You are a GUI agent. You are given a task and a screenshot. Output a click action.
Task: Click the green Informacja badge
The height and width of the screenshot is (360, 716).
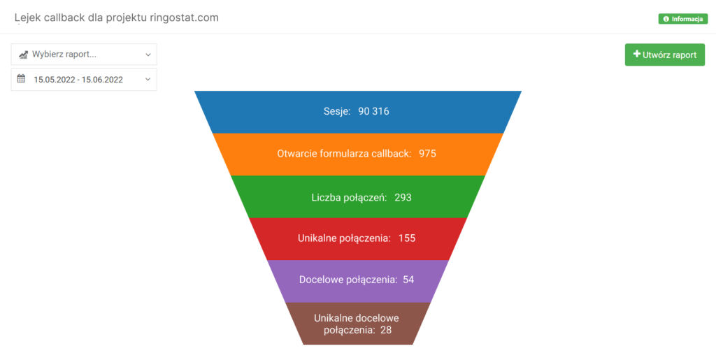[682, 19]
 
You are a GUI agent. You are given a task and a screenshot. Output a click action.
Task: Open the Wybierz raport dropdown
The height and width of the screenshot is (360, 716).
[84, 55]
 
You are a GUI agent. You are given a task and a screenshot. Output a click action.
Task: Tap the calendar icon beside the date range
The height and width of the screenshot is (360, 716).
[21, 79]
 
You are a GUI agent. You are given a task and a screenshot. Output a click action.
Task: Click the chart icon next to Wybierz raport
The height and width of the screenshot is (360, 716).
[23, 55]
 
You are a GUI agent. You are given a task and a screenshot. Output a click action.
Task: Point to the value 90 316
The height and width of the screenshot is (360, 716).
[373, 112]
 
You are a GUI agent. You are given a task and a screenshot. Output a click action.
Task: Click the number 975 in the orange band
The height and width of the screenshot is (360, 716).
[427, 153]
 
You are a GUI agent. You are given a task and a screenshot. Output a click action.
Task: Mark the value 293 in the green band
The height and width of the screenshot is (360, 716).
[403, 197]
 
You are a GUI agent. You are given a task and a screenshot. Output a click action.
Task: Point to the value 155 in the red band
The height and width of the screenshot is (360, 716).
[407, 238]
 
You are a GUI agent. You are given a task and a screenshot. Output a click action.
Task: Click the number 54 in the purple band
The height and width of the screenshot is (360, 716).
[408, 280]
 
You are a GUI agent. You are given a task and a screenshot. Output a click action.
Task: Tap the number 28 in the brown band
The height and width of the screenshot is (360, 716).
[386, 330]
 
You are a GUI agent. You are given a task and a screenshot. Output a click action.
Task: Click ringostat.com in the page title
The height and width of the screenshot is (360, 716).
[181, 17]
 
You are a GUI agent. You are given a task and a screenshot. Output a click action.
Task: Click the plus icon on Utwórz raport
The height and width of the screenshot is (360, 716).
[636, 54]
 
